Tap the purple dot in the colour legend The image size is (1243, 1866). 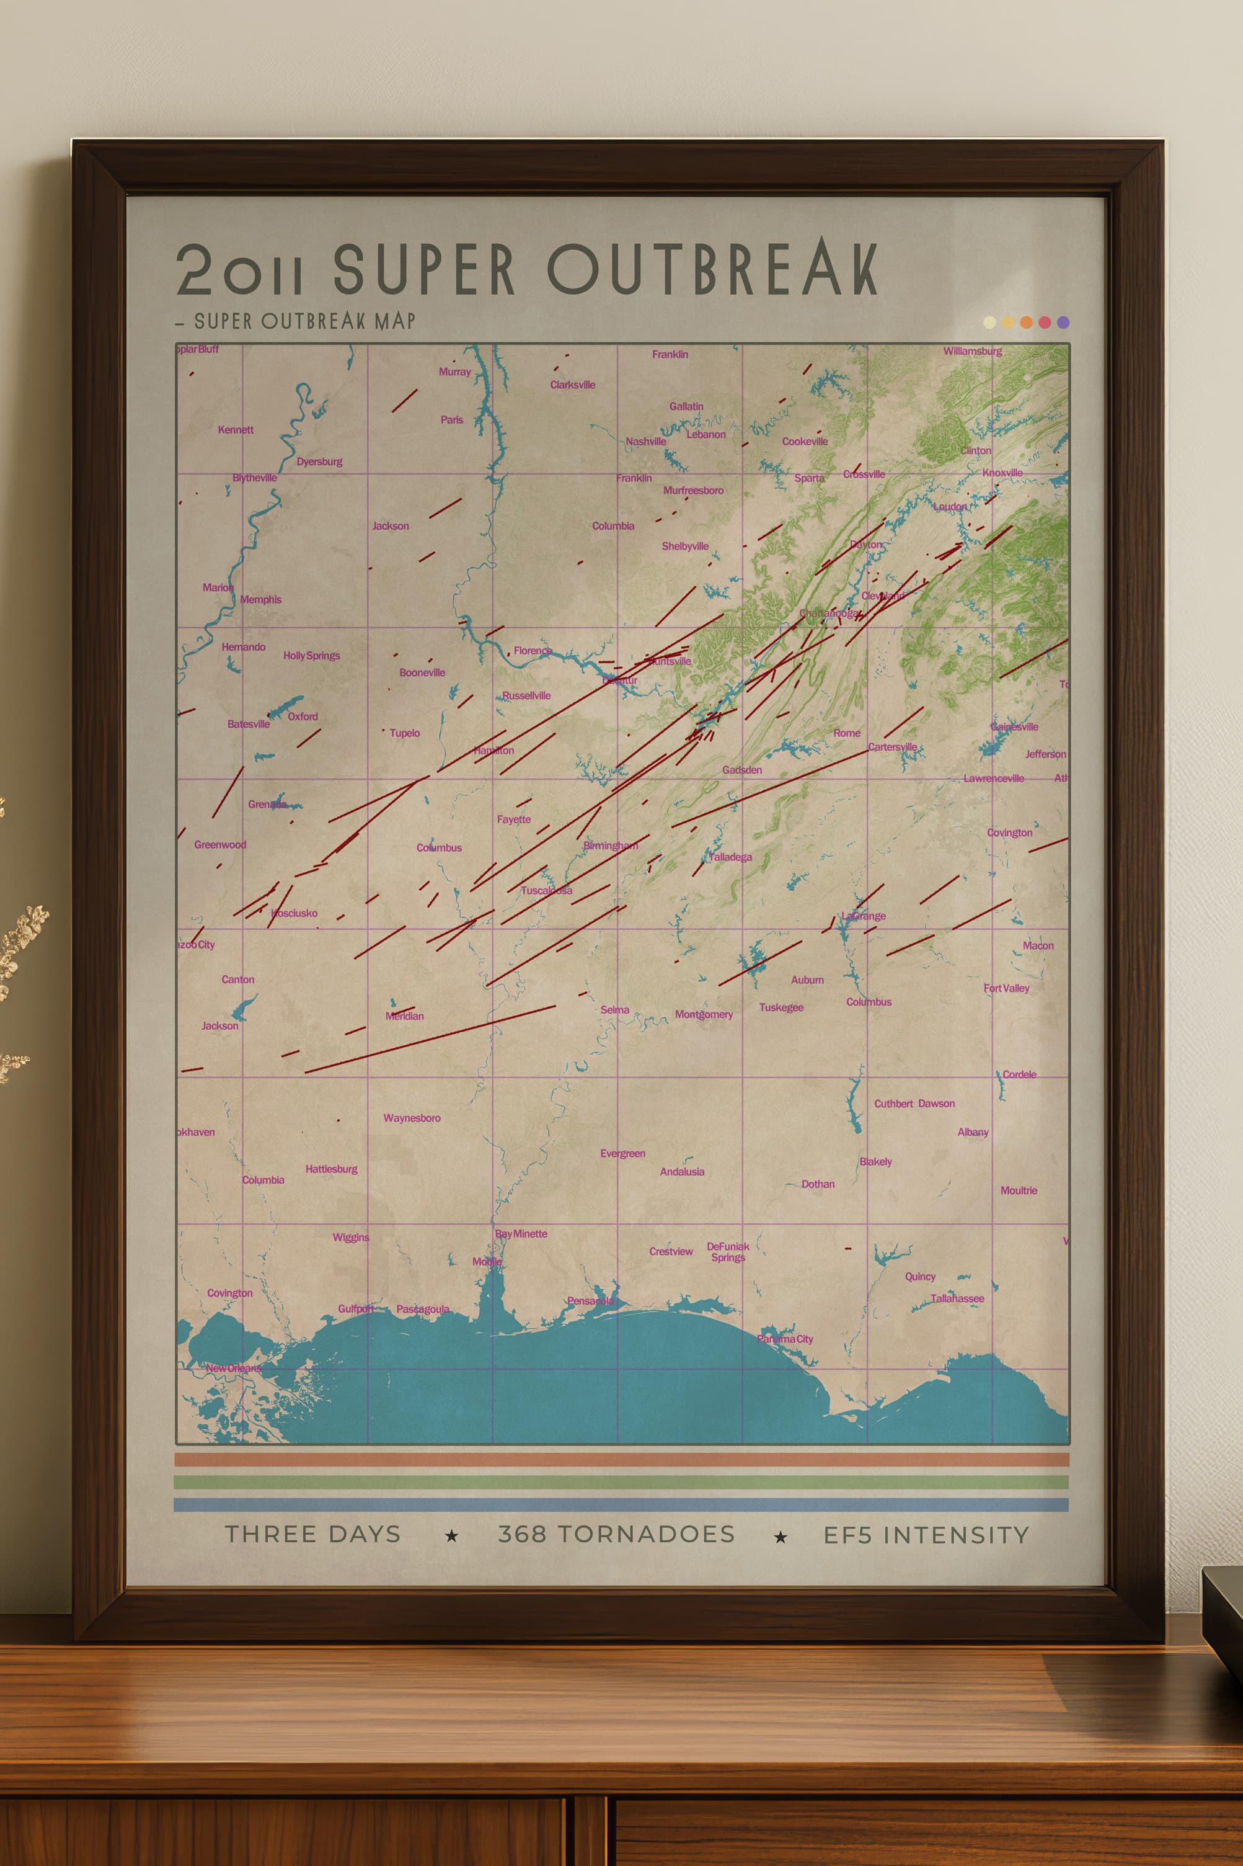coord(1063,322)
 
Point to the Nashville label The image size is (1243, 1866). coord(645,442)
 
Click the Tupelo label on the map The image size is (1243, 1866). coord(404,733)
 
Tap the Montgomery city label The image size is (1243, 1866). coord(703,1014)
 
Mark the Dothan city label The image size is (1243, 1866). coord(817,1184)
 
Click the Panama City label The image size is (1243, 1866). coord(785,1339)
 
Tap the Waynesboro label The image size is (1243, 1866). coord(412,1117)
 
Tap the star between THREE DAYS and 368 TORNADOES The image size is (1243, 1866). coord(452,1536)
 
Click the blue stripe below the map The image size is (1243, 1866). coord(621,1504)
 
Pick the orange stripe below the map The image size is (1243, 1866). coord(621,1459)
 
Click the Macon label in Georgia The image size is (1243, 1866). coord(1038,945)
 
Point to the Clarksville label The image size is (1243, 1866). coord(572,385)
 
